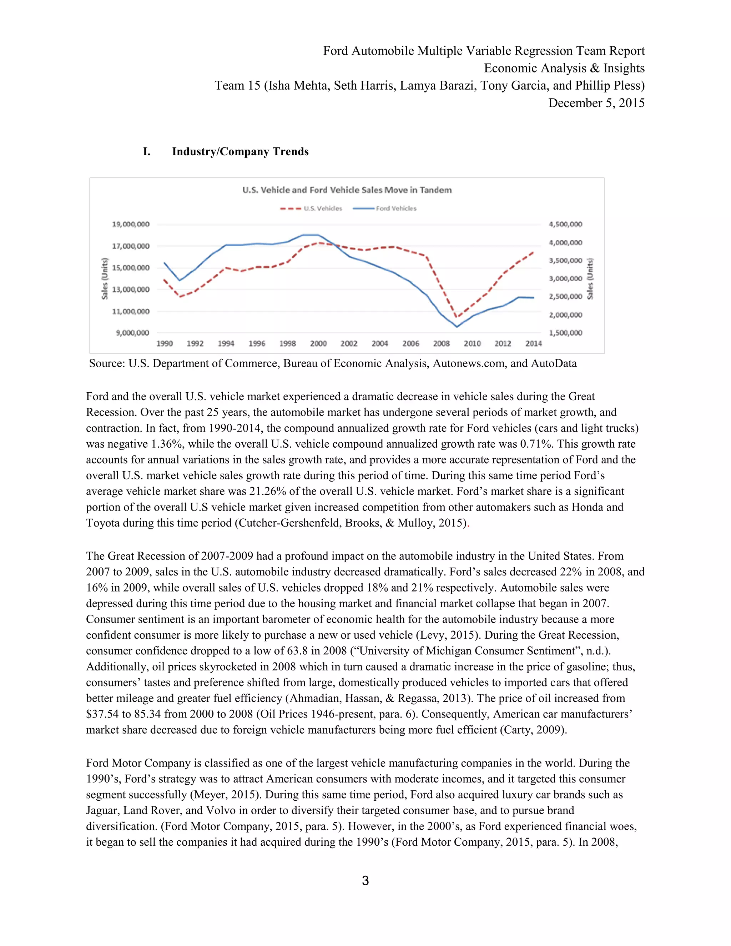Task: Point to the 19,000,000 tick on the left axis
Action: [x=130, y=224]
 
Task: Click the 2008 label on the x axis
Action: [x=441, y=343]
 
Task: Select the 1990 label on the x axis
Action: [x=164, y=343]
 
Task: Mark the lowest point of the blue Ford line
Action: [x=457, y=327]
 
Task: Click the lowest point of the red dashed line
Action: [x=456, y=317]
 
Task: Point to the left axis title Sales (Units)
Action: [x=104, y=278]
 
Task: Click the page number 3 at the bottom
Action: [x=365, y=881]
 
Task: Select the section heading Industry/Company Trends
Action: [x=240, y=152]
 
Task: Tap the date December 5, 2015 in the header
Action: [x=596, y=103]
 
